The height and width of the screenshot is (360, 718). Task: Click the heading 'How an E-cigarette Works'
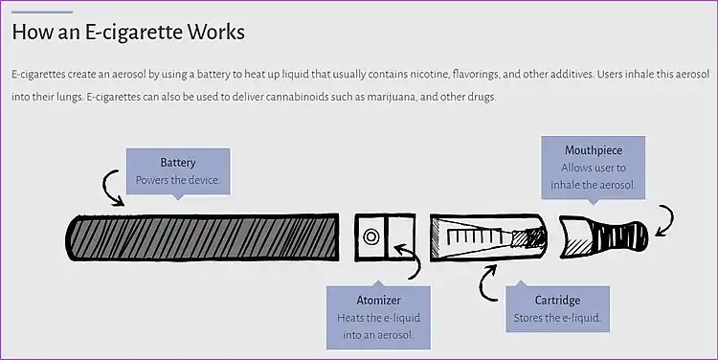(x=128, y=32)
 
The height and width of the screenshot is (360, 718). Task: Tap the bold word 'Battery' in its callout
(x=178, y=163)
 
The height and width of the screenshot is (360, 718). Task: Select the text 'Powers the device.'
(x=178, y=180)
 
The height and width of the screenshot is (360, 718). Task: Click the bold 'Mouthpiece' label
(x=594, y=150)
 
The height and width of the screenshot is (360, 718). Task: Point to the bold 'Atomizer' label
(x=378, y=301)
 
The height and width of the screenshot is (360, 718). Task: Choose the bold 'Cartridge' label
(x=557, y=301)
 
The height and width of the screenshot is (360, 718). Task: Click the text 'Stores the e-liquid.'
(x=557, y=318)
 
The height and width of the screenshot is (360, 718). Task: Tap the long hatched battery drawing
(x=202, y=236)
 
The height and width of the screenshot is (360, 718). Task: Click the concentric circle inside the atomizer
(x=370, y=237)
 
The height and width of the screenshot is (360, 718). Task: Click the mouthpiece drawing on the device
(x=603, y=236)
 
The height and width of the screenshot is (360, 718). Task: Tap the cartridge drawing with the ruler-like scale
(x=488, y=236)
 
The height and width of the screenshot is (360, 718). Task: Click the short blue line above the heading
(x=42, y=11)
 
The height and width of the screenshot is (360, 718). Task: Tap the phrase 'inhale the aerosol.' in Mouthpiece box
(x=593, y=185)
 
